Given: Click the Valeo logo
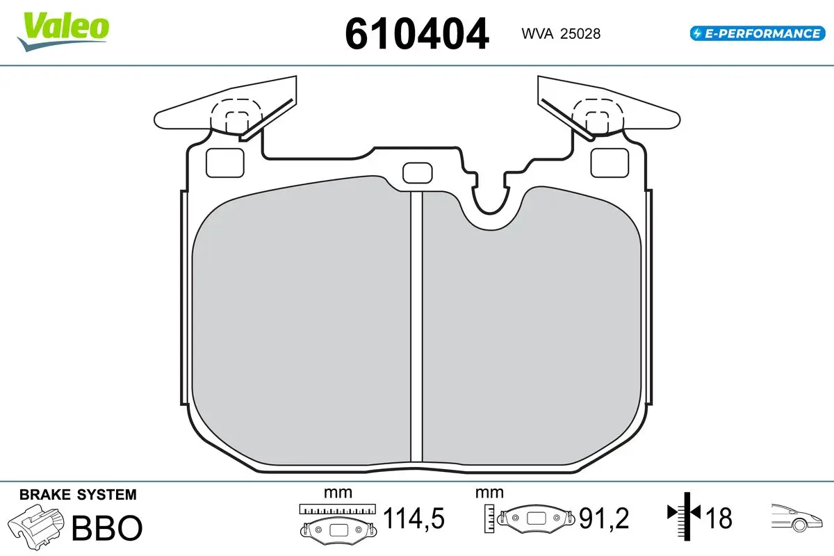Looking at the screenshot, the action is pos(63,32).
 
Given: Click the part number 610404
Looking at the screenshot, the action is pos(416,34).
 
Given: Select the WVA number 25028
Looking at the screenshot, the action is pos(580,34).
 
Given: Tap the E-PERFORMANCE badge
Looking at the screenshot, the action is pos(758,33).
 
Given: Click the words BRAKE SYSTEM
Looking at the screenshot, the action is pos(78,495).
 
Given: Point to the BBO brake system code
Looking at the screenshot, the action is pos(107,528).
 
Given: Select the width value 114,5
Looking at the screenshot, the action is pos(414,518).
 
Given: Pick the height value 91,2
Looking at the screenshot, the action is pos(604,518).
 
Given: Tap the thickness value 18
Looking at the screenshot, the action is pos(719,518).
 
